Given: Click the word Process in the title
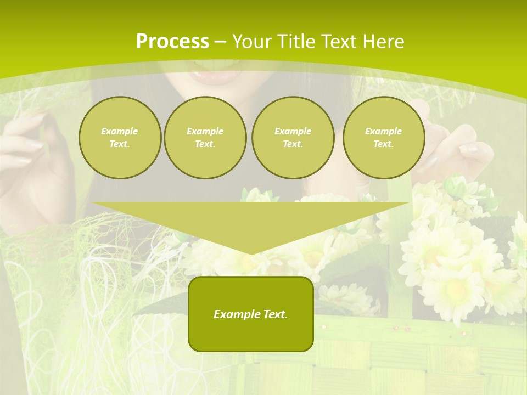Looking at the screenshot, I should (172, 42).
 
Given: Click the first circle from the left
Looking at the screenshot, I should (120, 138).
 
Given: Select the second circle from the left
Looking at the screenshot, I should (205, 138).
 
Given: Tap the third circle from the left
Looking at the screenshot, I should (293, 138).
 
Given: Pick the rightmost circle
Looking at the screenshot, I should (383, 138).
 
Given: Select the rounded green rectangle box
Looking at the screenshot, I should (251, 314).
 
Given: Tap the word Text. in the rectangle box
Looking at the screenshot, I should (274, 314).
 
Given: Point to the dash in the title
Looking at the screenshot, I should (220, 42).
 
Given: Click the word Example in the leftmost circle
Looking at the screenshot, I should (120, 131).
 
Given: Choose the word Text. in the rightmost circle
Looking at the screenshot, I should (383, 144).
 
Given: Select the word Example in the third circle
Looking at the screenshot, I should (293, 131).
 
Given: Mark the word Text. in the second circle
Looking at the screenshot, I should (205, 144).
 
